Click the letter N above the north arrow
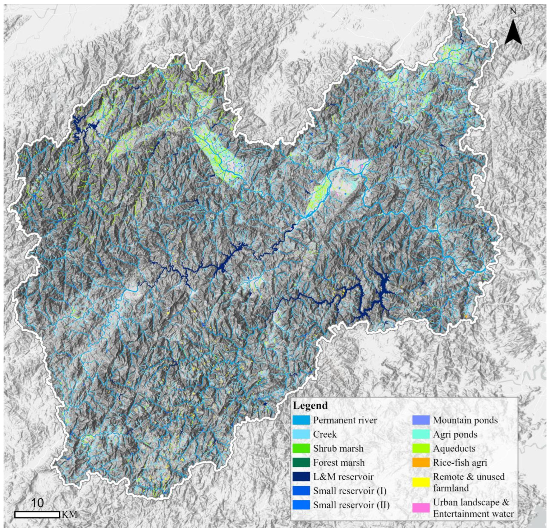point(513,11)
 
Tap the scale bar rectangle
point(37,514)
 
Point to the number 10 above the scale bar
point(37,503)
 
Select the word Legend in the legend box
point(310,405)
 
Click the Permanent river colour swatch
point(301,420)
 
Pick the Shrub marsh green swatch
point(301,448)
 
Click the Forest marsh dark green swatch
point(301,462)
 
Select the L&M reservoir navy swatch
point(301,476)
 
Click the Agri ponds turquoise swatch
point(421,434)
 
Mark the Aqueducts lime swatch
point(421,448)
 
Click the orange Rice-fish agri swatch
point(421,462)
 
